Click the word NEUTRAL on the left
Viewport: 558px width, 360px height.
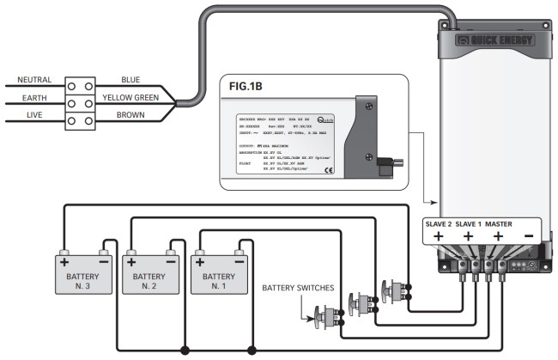pos(34,80)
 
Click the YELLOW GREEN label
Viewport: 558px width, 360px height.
pos(131,98)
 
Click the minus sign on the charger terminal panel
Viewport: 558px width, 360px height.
pos(529,236)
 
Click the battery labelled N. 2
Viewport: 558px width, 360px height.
pos(150,282)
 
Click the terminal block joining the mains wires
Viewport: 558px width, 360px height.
pos(76,98)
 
